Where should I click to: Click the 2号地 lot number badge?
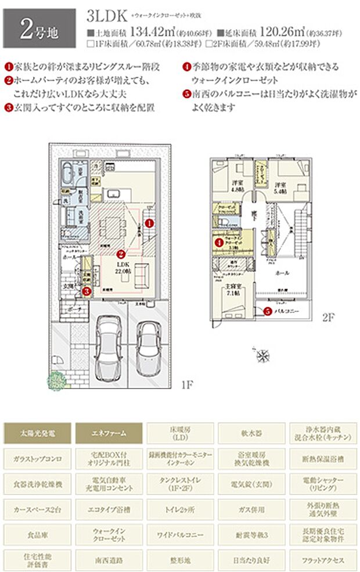click(x=39, y=28)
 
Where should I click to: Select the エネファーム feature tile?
click(x=109, y=432)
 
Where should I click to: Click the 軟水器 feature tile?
click(x=251, y=432)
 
